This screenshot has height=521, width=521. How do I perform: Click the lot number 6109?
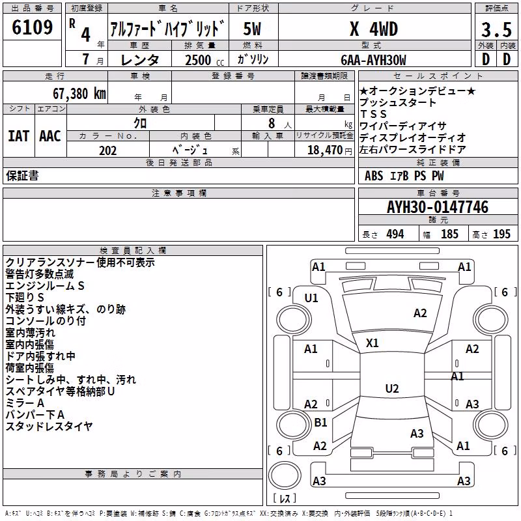click(x=32, y=27)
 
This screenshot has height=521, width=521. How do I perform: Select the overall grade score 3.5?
click(x=496, y=29)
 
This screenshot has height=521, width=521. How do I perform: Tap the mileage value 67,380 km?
click(x=79, y=94)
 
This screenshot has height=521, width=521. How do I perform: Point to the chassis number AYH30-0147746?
click(x=438, y=207)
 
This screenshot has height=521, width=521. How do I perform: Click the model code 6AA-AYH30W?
click(x=373, y=60)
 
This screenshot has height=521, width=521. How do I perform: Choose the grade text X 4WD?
click(x=374, y=29)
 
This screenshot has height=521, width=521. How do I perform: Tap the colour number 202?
click(x=108, y=150)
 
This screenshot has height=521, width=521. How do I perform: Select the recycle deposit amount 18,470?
click(x=325, y=150)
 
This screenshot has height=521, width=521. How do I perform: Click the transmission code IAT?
click(x=18, y=136)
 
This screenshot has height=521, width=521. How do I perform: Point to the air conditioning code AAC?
click(x=50, y=136)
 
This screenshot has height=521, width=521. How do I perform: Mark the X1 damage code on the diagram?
click(x=372, y=343)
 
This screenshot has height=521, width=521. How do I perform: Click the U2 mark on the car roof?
click(x=392, y=388)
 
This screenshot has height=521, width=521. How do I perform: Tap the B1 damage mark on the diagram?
click(x=320, y=422)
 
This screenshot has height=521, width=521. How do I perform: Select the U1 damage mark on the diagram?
click(x=311, y=298)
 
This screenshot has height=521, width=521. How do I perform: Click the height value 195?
click(x=501, y=234)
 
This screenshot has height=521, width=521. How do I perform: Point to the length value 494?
click(x=395, y=234)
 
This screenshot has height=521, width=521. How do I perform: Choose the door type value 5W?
click(x=252, y=29)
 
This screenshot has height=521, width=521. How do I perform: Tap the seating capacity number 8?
click(x=272, y=123)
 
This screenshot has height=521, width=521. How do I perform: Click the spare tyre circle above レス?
click(x=285, y=475)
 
